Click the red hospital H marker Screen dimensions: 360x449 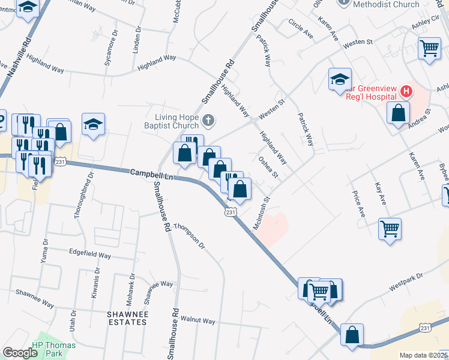(406, 92)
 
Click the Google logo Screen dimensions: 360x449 (20, 353)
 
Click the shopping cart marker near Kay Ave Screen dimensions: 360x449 (390, 228)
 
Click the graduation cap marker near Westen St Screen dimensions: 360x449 (339, 79)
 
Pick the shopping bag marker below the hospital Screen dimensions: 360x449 (398, 113)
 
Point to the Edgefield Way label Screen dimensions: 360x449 (90, 255)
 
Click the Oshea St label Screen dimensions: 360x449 (268, 167)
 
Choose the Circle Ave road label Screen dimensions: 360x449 (301, 29)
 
